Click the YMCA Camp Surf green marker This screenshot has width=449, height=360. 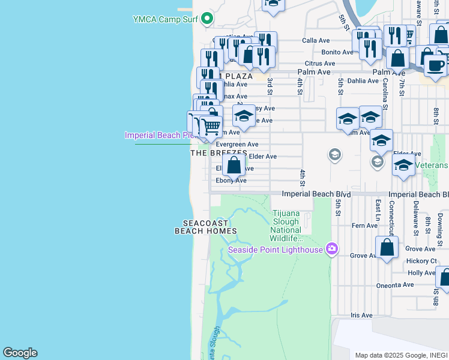tap(208, 19)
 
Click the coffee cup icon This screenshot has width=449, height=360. tap(436, 64)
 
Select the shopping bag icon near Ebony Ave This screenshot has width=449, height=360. tap(234, 165)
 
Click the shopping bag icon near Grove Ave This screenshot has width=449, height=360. tap(388, 247)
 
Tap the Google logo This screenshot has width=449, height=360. tap(20, 353)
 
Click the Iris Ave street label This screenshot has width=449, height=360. tap(361, 315)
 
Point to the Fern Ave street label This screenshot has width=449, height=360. tap(364, 226)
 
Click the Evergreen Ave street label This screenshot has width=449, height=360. tap(237, 144)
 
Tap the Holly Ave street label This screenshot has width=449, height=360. tap(421, 272)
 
